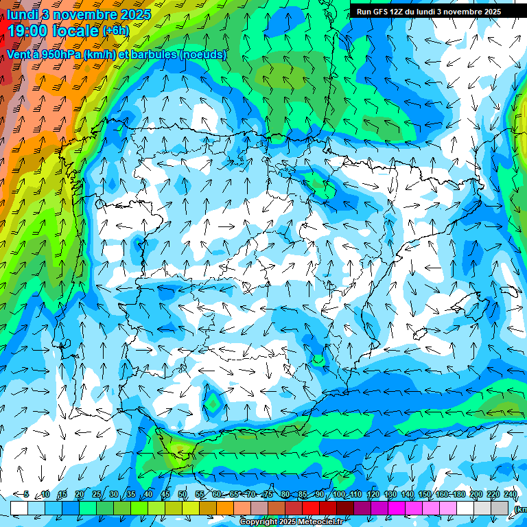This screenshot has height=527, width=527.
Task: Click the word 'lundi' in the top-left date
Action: tap(22, 14)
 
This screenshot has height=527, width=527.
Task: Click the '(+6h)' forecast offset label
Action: tap(116, 31)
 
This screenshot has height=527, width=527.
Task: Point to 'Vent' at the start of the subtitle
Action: tap(19, 54)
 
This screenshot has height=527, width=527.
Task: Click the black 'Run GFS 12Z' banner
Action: tap(428, 12)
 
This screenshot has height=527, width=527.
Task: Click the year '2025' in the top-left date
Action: tap(137, 14)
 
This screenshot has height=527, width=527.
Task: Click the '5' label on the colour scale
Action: tap(26, 494)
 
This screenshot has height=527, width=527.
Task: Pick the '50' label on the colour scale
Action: tap(183, 494)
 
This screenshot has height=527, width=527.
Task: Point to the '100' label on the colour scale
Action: tap(338, 494)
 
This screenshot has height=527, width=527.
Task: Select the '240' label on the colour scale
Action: tap(511, 494)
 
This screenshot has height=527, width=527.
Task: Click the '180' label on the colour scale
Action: tap(459, 494)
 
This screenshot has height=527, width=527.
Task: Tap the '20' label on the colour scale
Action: tap(79, 494)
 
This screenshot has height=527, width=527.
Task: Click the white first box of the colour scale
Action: tap(19, 507)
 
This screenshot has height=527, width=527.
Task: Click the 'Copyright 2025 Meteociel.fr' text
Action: tap(291, 522)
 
